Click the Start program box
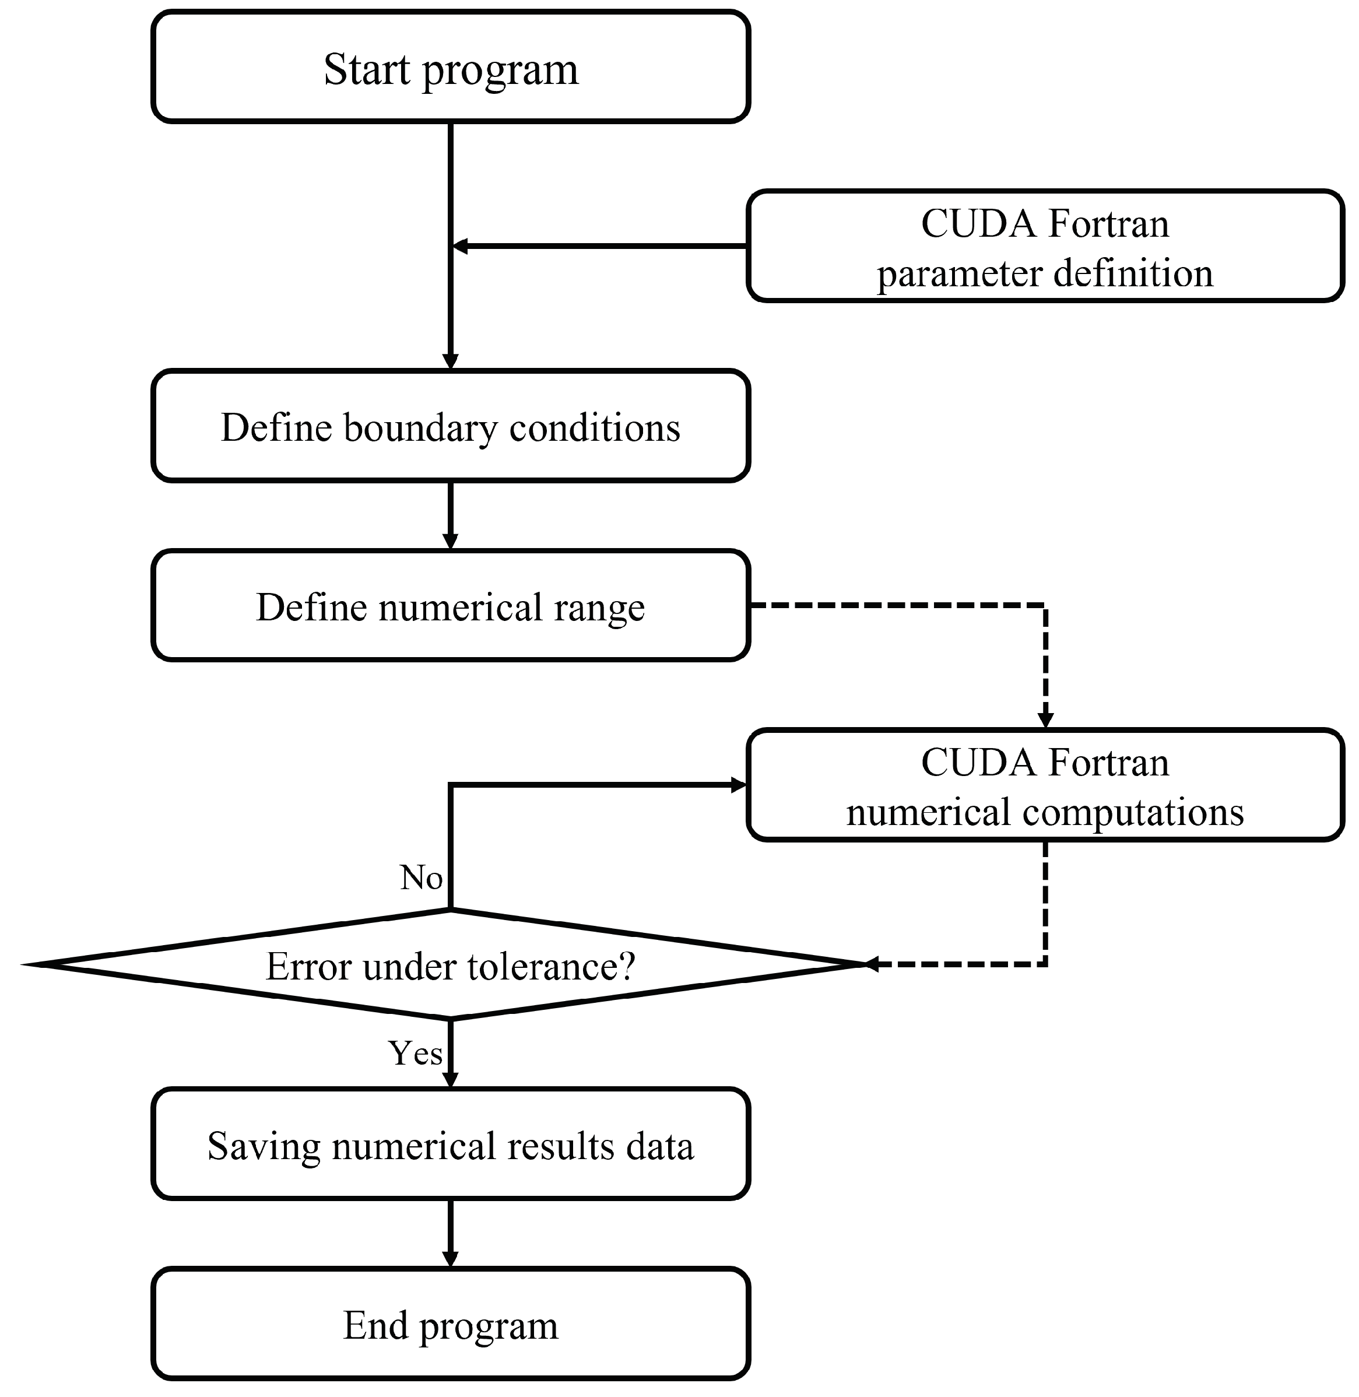click(451, 67)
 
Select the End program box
click(451, 1325)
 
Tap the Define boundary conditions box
click(451, 427)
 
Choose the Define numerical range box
click(451, 606)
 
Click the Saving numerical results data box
click(451, 1145)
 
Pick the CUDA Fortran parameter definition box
click(1045, 246)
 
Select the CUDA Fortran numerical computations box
click(1045, 785)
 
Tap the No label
click(421, 877)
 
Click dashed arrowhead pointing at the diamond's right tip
click(872, 964)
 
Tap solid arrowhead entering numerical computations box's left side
click(738, 785)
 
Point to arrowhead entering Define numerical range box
click(451, 540)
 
